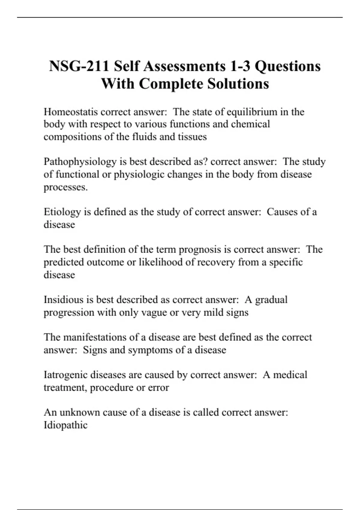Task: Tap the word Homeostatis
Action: pos(70,112)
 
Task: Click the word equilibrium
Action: pos(252,112)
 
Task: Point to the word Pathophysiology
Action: pos(80,162)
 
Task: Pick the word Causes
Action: pos(282,212)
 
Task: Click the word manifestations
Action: pos(95,337)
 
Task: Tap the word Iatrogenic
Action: pos(65,375)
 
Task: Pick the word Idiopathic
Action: pos(65,425)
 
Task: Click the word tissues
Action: pos(192,137)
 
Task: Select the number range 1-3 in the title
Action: pos(240,66)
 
